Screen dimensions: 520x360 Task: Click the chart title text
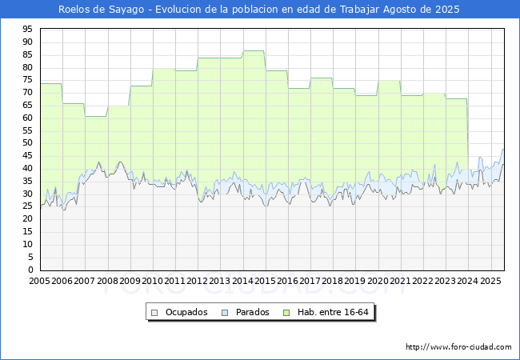point(258,10)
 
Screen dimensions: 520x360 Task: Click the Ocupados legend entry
point(179,312)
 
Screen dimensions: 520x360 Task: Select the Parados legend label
point(252,312)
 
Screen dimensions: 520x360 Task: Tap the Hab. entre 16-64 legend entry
point(326,312)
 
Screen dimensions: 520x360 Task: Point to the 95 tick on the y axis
point(27,30)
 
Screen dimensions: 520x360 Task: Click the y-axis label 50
point(27,143)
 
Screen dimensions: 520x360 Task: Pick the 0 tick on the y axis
point(30,270)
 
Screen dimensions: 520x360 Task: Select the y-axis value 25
point(27,206)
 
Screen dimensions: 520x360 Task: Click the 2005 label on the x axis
point(39,281)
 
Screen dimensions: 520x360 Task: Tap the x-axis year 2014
point(242,281)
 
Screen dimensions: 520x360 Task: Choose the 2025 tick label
point(490,281)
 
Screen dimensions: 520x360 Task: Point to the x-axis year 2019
point(355,281)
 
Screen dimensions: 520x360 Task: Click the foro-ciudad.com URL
point(458,347)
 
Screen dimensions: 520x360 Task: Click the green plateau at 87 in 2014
point(254,50)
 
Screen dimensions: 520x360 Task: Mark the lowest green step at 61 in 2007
point(96,116)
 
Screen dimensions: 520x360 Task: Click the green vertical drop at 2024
point(468,134)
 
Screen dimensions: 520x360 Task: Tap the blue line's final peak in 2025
point(502,149)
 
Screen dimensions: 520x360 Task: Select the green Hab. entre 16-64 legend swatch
point(286,313)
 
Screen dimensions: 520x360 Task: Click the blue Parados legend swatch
point(225,313)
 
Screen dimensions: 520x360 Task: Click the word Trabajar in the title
point(359,10)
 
